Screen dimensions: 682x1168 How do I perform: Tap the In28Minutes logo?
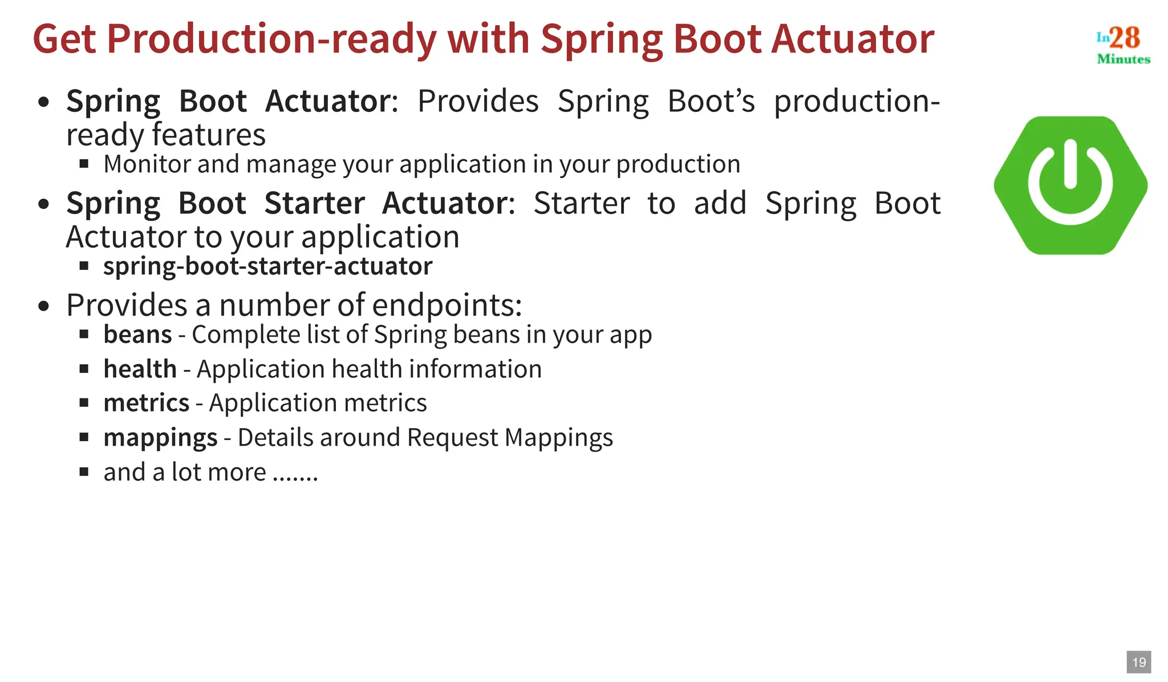click(1122, 45)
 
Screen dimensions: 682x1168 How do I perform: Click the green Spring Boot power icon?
click(1070, 185)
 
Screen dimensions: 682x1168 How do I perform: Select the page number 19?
click(1139, 662)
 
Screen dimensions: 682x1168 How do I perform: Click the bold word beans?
click(137, 334)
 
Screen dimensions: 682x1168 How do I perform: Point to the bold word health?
click(140, 369)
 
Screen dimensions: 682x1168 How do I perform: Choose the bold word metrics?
click(146, 403)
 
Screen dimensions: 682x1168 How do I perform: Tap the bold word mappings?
click(160, 438)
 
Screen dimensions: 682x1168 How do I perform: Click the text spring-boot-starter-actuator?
click(267, 267)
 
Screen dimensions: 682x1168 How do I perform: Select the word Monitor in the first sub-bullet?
click(147, 164)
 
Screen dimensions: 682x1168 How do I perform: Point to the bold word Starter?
click(314, 203)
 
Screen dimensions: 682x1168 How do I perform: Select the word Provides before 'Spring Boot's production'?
click(477, 102)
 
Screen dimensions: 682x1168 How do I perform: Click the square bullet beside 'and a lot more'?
click(84, 471)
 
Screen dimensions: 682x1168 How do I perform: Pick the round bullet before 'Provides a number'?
click(44, 306)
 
